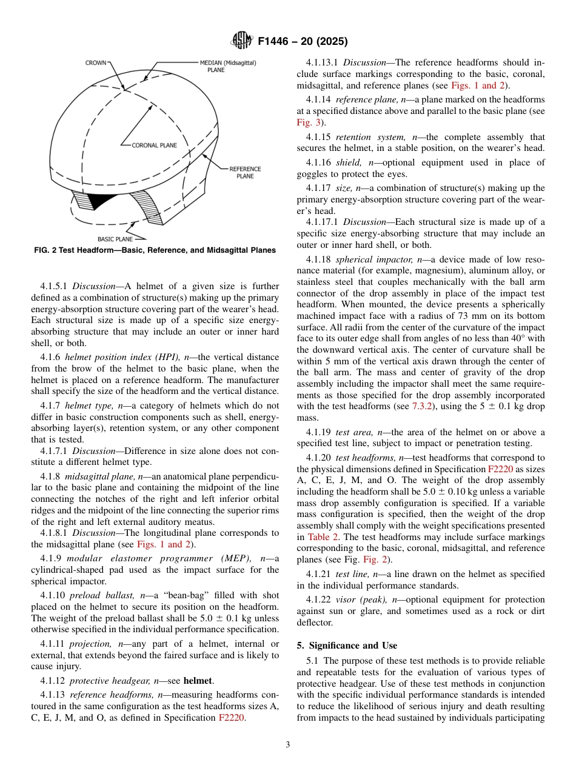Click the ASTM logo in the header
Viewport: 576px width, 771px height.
click(243, 42)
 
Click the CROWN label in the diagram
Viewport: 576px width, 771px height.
click(96, 62)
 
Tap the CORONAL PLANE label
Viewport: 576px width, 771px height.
click(154, 145)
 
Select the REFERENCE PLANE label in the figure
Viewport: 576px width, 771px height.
click(245, 172)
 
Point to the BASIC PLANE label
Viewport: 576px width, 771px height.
click(115, 239)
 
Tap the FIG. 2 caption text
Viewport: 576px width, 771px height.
click(154, 250)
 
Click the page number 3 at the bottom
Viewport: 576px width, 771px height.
click(287, 745)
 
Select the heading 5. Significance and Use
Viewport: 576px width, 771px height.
click(347, 646)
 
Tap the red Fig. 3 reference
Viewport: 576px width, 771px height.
click(307, 122)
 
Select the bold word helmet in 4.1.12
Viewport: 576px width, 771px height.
click(198, 681)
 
